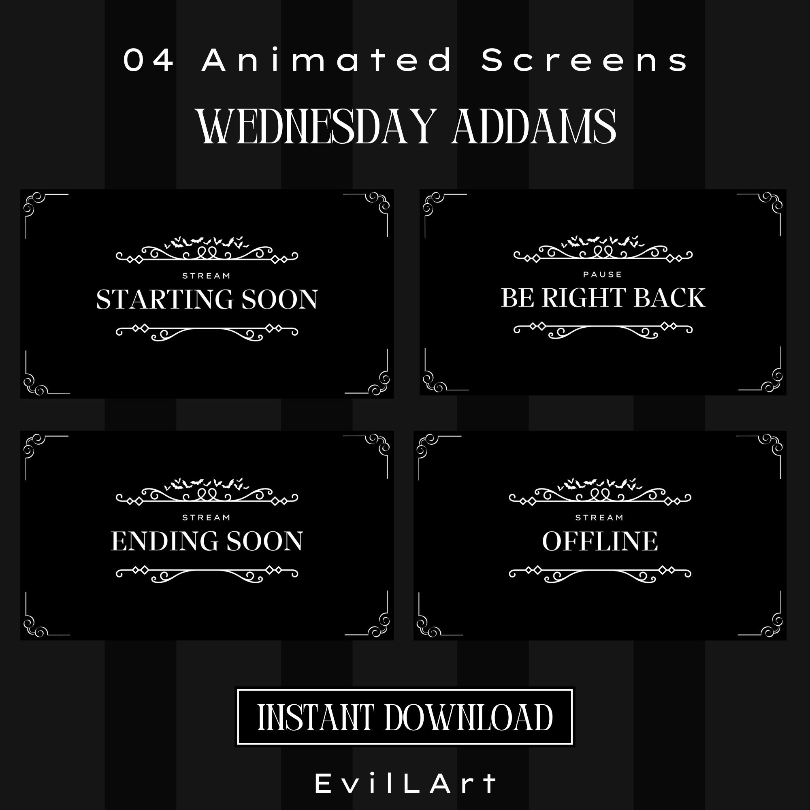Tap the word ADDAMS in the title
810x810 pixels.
[x=533, y=127]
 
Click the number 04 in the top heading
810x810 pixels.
[x=149, y=60]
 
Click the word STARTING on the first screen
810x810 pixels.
[x=165, y=299]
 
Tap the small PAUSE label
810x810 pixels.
[x=603, y=275]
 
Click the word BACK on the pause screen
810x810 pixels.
[x=669, y=298]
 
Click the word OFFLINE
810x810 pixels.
[x=600, y=541]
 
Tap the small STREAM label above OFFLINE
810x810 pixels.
[x=599, y=518]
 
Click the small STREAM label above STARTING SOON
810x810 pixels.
[x=206, y=276]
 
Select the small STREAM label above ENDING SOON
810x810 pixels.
[x=206, y=518]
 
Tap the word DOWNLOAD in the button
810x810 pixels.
[x=469, y=718]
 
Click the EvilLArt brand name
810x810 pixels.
[x=406, y=784]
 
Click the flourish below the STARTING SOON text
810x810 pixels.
[x=207, y=333]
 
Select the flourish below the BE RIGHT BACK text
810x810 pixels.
[x=603, y=330]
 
